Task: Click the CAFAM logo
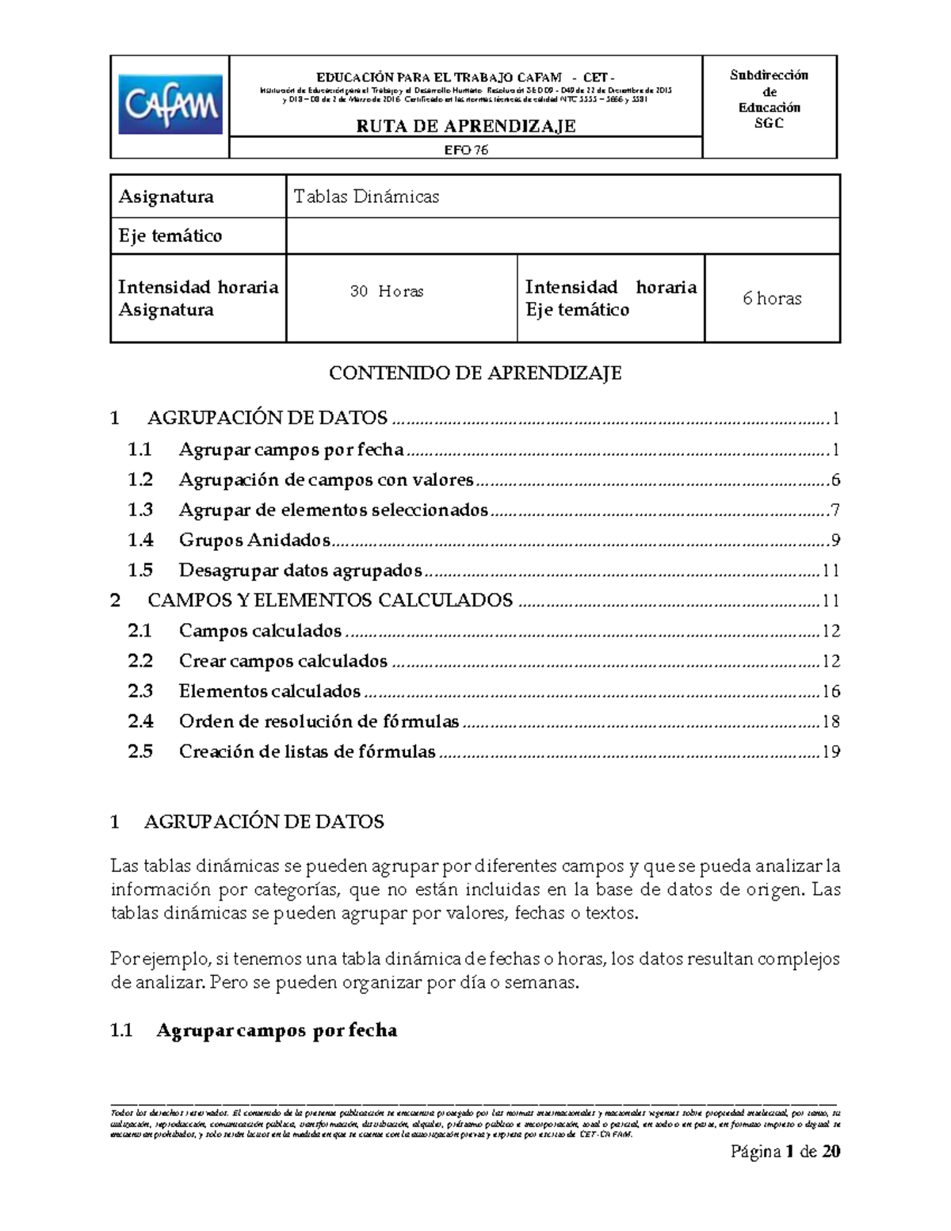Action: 170,105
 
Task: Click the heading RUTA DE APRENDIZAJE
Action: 465,126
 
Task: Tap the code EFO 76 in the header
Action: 465,150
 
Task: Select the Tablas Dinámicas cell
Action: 366,197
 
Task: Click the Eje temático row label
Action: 170,235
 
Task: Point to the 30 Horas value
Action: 387,292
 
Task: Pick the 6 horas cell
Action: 771,299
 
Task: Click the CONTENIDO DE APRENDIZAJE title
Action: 475,373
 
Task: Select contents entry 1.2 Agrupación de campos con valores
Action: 326,480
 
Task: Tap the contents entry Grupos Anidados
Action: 254,540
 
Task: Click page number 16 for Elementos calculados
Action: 831,691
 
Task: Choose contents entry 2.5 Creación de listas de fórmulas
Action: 307,751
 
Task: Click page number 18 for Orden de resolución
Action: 831,721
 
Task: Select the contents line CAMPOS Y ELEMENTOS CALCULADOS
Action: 330,600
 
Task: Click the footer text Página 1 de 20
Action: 785,1151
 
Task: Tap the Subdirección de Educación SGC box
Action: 769,99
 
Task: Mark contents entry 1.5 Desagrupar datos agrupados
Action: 300,570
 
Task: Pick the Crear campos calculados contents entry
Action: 283,661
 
